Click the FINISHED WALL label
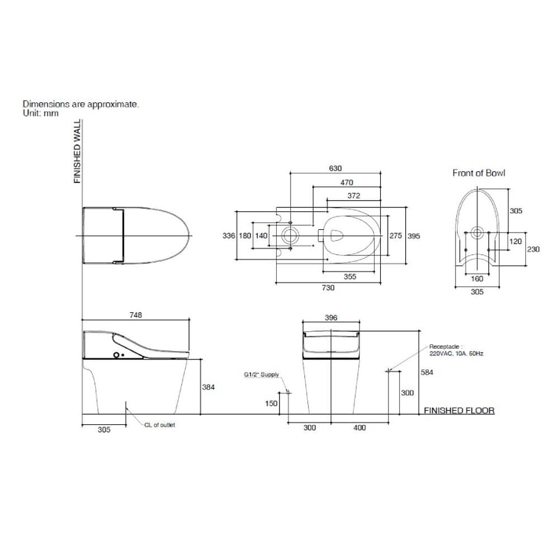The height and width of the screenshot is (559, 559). [x=77, y=151]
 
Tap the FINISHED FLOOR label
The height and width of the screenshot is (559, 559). [x=459, y=410]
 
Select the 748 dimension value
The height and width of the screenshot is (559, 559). [x=136, y=315]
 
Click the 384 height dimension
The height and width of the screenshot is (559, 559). [x=209, y=387]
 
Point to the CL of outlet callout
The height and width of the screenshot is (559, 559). [x=160, y=425]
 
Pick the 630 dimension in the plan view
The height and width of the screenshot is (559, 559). [x=335, y=168]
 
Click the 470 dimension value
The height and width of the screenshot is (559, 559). [x=347, y=183]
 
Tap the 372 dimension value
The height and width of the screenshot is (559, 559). [x=354, y=195]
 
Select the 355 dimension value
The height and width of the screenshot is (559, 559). [x=350, y=276]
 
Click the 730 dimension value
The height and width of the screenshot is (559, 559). [x=328, y=288]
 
